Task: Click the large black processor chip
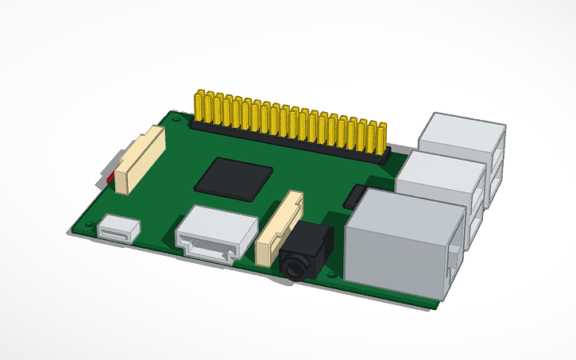click(235, 176)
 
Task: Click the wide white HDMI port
click(216, 231)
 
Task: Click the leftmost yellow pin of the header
click(199, 106)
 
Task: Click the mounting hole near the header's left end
click(175, 121)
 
